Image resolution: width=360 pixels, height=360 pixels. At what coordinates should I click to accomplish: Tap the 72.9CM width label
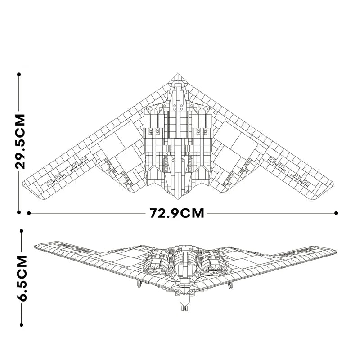pos(177,213)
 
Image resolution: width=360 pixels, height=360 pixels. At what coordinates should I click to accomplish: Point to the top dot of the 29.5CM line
pos(19,74)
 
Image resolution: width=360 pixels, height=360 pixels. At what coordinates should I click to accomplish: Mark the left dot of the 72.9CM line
pos(29,213)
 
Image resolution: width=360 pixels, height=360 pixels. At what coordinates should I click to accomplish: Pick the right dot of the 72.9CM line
pos(337,213)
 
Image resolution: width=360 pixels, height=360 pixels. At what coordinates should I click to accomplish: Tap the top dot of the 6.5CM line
pos(21,230)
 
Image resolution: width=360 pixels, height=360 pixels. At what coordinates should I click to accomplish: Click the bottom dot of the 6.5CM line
pos(21,324)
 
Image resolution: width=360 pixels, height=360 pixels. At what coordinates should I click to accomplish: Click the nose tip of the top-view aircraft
pos(178,74)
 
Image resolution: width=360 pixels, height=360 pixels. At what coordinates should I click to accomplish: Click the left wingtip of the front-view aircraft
pos(36,245)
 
